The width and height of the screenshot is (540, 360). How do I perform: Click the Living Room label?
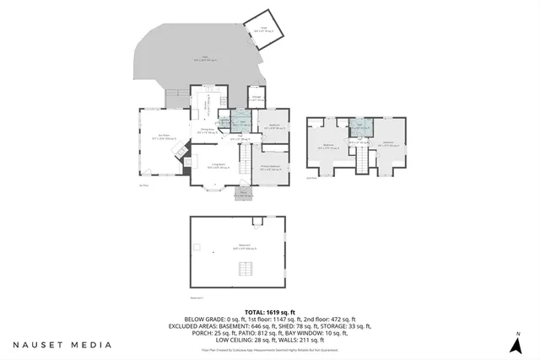tap(217, 167)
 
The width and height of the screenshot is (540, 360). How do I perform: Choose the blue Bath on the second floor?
tap(359, 127)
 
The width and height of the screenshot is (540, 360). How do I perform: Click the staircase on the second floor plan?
tap(363, 164)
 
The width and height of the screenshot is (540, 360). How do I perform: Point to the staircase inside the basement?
tap(246, 269)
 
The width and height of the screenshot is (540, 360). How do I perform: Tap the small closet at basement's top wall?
tap(254, 223)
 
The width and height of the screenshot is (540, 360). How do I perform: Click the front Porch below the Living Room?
tap(243, 194)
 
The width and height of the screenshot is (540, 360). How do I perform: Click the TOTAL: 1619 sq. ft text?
tap(269, 311)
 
